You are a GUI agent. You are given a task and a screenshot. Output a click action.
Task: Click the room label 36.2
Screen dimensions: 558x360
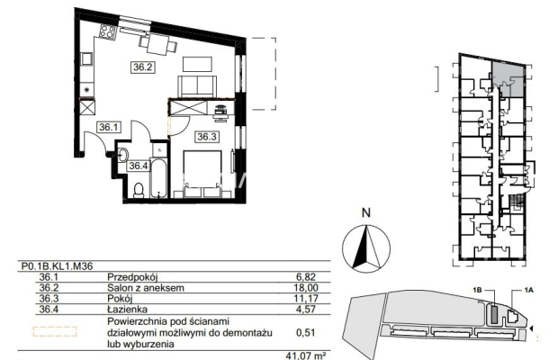coord(143,67)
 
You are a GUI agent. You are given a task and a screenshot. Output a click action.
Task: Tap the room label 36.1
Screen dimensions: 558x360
coord(108,127)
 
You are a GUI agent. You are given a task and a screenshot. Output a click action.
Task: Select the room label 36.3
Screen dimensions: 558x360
coord(207,137)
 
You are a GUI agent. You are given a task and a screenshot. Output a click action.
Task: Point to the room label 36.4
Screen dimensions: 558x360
coord(138,166)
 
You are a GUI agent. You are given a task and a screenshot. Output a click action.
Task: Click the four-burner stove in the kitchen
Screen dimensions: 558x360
coord(107,31)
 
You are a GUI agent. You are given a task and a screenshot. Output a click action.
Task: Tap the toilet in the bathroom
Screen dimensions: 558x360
coord(139,190)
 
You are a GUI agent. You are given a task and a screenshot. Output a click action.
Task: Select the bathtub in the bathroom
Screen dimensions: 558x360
coord(158,178)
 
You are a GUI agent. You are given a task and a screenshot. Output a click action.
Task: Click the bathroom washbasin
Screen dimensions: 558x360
coord(123,155)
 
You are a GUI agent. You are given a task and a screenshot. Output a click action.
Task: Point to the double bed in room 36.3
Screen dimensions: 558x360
coord(203,174)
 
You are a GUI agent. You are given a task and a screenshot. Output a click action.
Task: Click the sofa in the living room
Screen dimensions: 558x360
coord(197,86)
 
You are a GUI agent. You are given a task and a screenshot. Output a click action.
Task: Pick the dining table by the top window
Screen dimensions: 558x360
coord(158,44)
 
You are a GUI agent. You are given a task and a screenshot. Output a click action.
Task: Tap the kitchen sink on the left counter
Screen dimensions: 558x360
coord(86,58)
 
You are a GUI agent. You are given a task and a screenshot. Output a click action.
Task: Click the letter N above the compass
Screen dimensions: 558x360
coord(365,212)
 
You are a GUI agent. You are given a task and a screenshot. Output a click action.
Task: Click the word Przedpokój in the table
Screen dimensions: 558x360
coord(132,277)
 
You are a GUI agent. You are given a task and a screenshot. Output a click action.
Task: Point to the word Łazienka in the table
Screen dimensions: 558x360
coord(128,309)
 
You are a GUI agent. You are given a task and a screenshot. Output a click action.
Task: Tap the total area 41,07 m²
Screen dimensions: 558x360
coord(306,355)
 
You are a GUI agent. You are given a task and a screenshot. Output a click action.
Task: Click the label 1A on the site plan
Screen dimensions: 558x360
coord(529,291)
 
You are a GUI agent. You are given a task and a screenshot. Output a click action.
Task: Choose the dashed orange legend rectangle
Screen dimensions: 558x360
coord(55,331)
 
